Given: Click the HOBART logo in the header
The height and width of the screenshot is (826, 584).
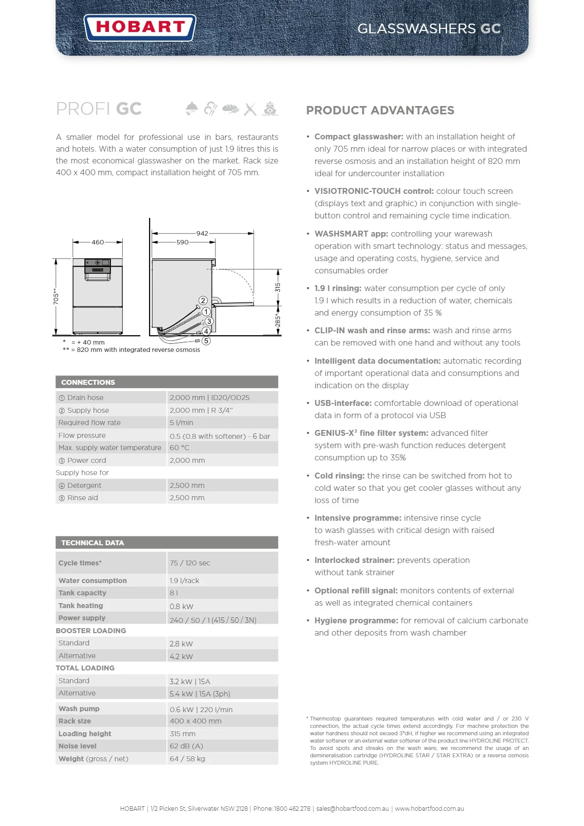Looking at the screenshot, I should [140, 27].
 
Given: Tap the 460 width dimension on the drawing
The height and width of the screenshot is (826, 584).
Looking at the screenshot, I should [98, 242].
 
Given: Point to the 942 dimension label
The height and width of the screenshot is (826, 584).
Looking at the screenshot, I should [202, 234].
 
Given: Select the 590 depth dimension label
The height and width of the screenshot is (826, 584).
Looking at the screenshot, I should [182, 242].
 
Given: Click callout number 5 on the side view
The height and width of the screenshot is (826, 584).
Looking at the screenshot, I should [206, 341].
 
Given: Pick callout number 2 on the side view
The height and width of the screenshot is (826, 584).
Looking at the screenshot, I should [203, 300].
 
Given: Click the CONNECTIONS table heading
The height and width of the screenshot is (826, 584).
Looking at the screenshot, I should [88, 382].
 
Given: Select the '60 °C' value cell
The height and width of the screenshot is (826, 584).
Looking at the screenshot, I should [180, 448].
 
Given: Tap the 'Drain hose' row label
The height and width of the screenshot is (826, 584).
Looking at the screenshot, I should [85, 398].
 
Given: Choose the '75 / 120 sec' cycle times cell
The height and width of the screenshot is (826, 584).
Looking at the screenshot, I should [190, 563].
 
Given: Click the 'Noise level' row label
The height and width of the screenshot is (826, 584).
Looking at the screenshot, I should [78, 746].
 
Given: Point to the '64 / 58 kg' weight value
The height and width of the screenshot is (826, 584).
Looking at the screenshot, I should [187, 759].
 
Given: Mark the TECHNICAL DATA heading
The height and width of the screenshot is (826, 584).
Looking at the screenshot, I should [92, 543].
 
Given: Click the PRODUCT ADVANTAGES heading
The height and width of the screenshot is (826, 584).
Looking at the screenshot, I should [380, 110].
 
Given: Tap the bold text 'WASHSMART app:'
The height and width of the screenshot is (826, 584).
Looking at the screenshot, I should [351, 234].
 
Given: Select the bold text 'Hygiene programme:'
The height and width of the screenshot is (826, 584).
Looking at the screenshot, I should [356, 620].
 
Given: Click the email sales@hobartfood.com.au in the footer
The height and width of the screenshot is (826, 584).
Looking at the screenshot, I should [352, 808].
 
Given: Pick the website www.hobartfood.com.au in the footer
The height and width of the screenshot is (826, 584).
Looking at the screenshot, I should [429, 808].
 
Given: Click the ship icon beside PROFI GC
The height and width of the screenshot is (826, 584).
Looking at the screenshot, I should [270, 108].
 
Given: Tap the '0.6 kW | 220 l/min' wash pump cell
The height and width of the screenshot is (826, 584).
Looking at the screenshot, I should [201, 709].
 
